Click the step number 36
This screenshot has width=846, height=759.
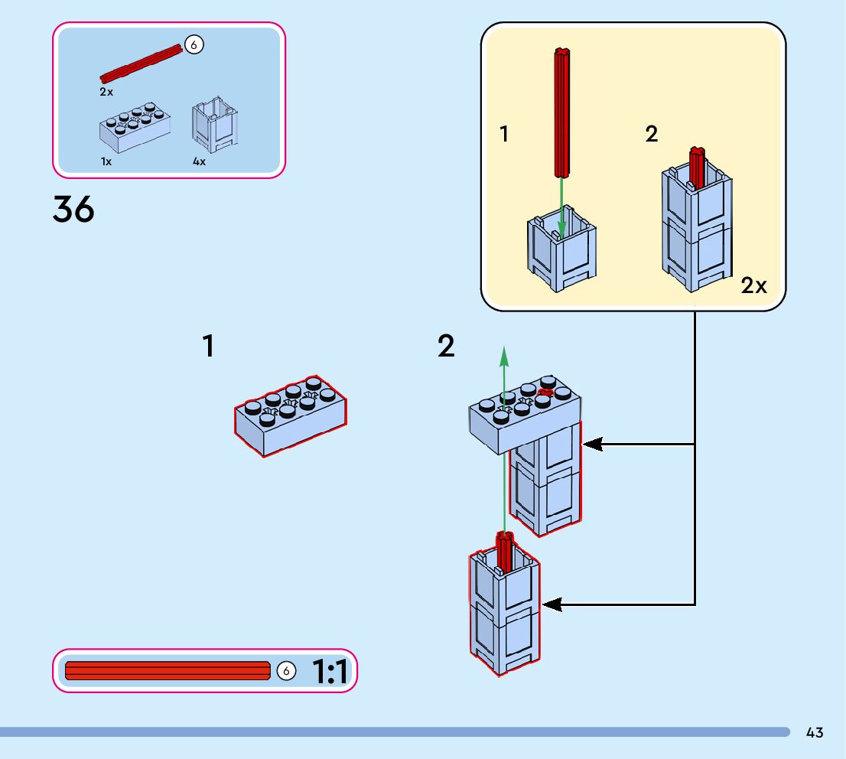point(73,209)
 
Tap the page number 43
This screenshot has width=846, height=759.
point(815,732)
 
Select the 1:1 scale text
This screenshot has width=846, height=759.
point(330,672)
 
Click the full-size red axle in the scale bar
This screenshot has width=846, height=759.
point(168,671)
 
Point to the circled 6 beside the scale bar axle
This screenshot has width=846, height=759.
point(286,671)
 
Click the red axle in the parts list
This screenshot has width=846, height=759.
point(141,64)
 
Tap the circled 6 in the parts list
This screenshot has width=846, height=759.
point(194,46)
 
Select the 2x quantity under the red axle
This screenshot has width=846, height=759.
point(106,91)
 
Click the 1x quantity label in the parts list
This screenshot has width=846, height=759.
point(106,161)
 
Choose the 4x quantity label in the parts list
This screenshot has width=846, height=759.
point(199,161)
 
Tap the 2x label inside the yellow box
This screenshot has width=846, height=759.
point(753,285)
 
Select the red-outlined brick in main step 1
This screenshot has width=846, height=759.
point(290,415)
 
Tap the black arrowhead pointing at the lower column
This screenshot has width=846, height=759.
point(552,604)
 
